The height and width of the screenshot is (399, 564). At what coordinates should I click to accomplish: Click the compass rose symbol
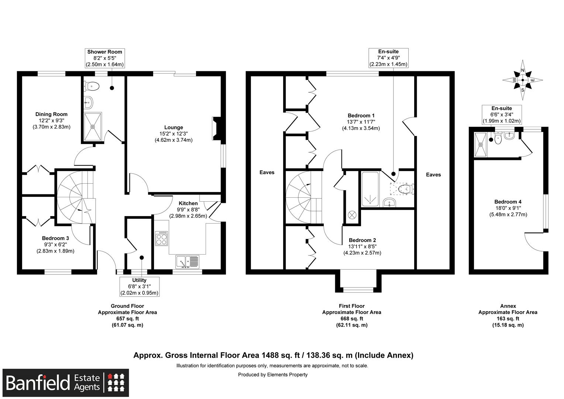[x=523, y=80]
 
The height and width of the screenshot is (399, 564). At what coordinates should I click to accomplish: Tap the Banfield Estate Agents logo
[x=66, y=382]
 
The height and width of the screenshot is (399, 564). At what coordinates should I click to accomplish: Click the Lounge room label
[x=173, y=127]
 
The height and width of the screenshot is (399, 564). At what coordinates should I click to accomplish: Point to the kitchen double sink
[x=187, y=262]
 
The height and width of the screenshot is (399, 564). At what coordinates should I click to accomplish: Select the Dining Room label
[x=51, y=114]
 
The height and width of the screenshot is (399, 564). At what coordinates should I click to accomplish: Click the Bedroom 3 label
[x=55, y=238]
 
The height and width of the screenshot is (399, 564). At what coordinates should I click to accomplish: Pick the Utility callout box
[x=140, y=287]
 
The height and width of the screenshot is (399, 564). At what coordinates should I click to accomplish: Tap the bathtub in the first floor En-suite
[x=370, y=189]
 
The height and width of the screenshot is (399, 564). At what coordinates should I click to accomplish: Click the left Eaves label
[x=267, y=172]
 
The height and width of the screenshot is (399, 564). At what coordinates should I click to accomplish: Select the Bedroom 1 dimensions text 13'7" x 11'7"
[x=361, y=122]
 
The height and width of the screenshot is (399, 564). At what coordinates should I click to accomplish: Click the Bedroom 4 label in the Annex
[x=508, y=202]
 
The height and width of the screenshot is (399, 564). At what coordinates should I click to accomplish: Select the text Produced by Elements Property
[x=272, y=375]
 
